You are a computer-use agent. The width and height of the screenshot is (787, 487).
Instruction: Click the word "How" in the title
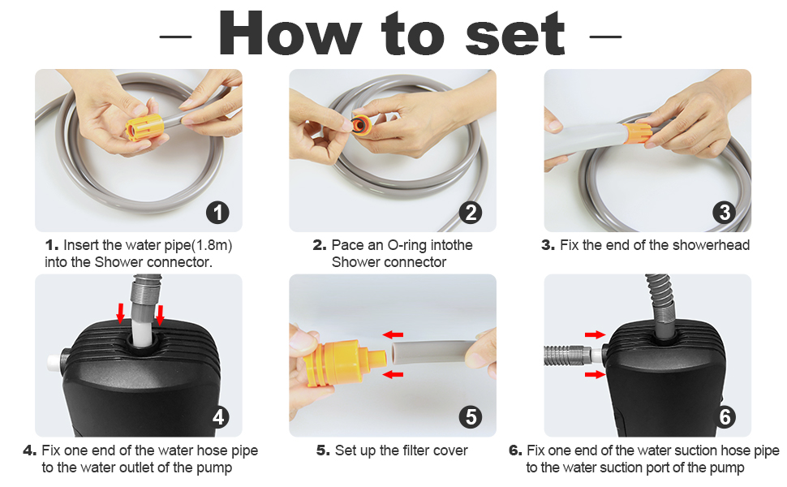290,33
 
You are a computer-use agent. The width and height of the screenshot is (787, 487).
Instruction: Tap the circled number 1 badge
217,213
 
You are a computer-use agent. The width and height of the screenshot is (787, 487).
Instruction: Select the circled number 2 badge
471,213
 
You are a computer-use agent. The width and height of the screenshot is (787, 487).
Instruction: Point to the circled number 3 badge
725,213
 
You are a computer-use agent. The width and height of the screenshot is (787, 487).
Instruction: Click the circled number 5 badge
471,417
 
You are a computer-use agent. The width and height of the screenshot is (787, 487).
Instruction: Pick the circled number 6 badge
725,417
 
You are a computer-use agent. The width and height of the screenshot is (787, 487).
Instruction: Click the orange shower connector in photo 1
144,127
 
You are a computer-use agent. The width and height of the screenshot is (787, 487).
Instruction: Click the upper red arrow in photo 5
393,334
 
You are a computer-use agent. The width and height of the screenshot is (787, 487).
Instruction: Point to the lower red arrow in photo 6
596,374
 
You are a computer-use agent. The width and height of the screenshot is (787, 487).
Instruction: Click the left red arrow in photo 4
120,313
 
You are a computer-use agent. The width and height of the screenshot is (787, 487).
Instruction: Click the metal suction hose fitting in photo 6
568,355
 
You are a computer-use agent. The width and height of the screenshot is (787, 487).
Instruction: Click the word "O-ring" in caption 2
408,245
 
